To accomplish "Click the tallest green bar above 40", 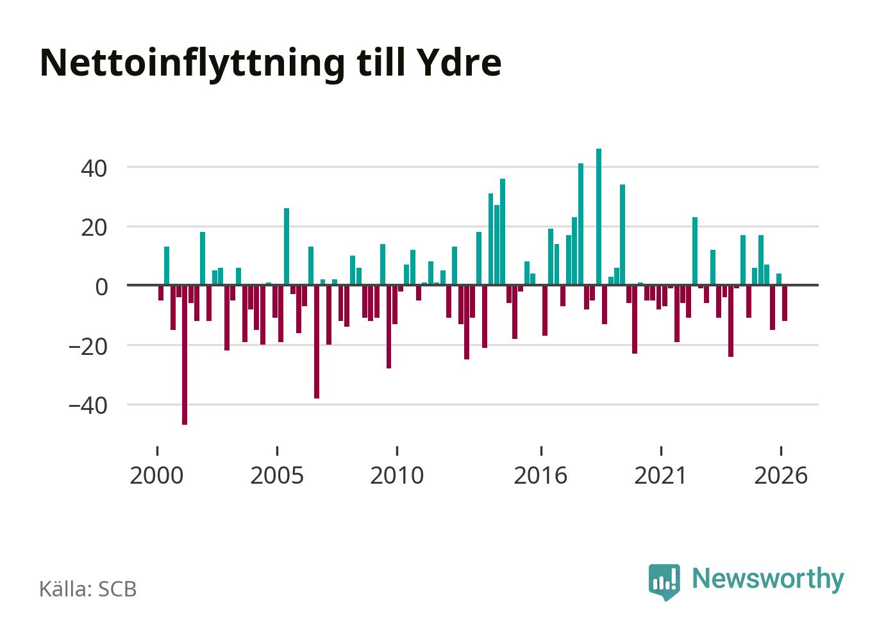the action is coord(599,217).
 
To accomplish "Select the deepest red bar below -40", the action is coord(185,355).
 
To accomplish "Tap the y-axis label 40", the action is coord(94,168).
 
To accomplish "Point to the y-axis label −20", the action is coord(88,347).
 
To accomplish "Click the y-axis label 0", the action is coord(101,288).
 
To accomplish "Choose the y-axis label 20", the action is coord(94,228).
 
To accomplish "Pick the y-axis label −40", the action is coord(88,406).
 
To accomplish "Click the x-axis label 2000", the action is coord(156,475).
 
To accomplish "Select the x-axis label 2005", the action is coord(277,475).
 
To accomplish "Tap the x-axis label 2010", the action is coord(397,475).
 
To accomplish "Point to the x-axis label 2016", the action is coord(540,475).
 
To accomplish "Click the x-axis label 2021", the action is coord(660,475).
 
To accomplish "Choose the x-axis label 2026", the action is coord(781,475).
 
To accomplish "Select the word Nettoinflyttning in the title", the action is coord(192,64).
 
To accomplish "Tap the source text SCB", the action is coord(117,589).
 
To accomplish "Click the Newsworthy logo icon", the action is coord(664,582).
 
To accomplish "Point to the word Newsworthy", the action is coord(768,580).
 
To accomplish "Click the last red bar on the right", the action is coord(785,303).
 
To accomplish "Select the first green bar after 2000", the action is coord(167,266).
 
